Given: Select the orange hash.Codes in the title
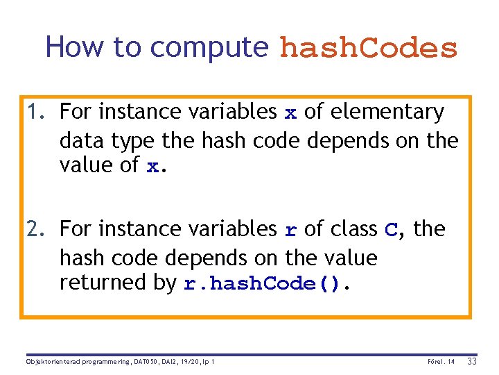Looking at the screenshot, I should (368, 48).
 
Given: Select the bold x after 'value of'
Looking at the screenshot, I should (153, 167).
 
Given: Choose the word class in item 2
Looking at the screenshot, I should (352, 228).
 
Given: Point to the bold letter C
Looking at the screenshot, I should (391, 230).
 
